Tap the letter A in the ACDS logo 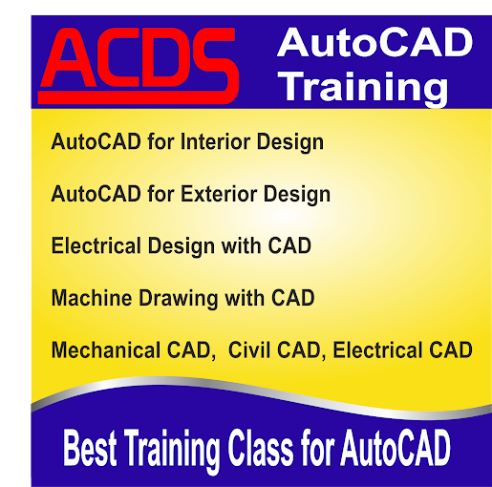point(71,65)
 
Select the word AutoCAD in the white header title point(374,42)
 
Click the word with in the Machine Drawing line point(243,298)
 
